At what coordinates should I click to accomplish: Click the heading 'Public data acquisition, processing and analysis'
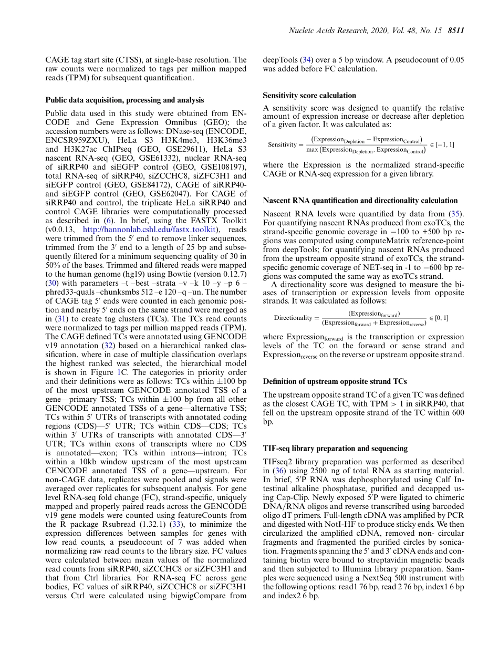click(125, 100)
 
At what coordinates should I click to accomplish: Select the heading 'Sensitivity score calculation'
click(309, 96)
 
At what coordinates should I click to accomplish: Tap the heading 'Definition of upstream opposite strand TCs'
click(335, 381)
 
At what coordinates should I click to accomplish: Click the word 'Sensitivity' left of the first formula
click(282, 144)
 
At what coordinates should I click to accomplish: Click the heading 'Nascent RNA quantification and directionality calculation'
click(360, 201)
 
